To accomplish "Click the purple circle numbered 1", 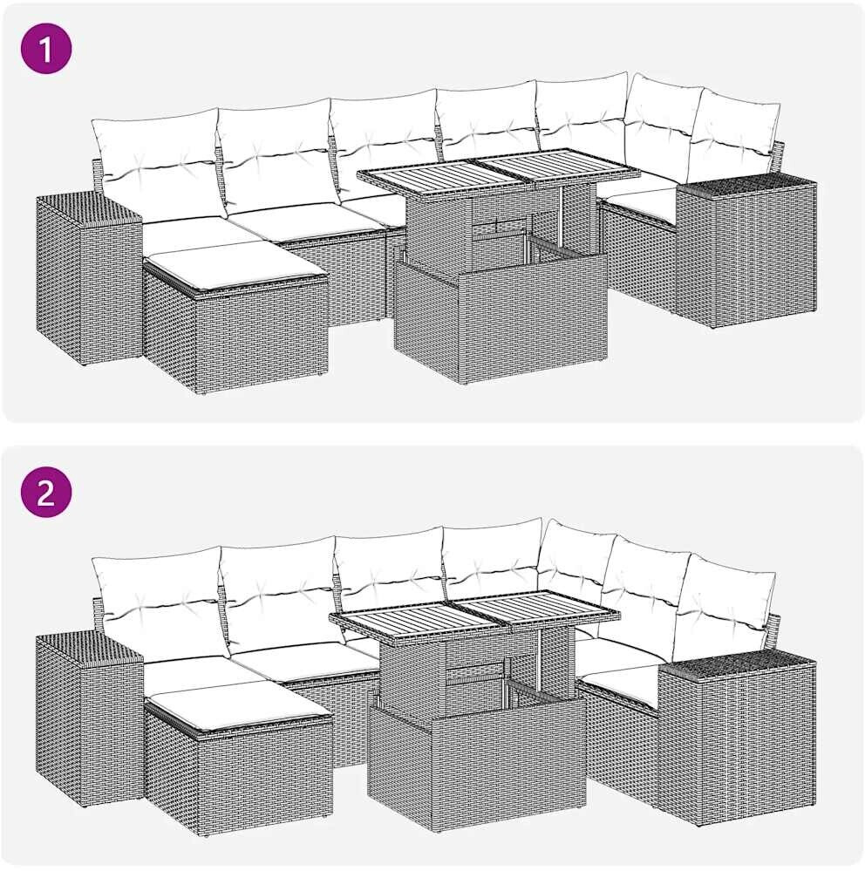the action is coord(46,47).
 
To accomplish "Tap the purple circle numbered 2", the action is coord(46,492).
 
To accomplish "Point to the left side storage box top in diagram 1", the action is coord(89,208).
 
